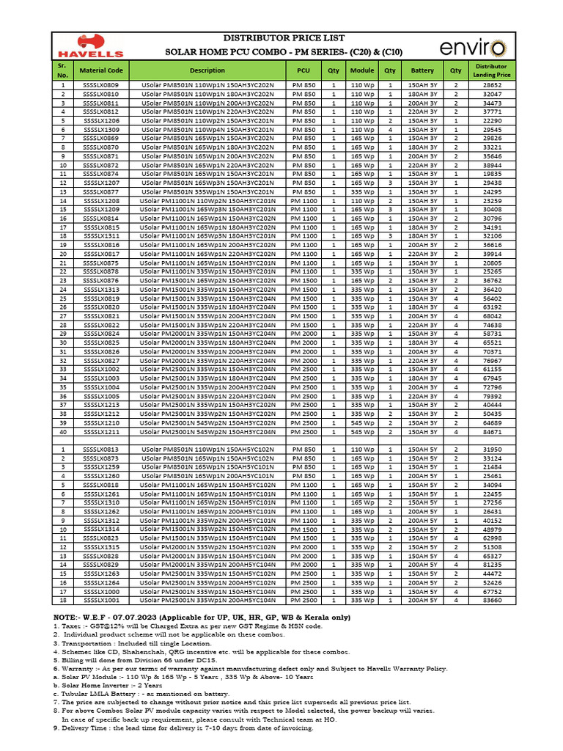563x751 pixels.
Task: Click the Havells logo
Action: point(90,47)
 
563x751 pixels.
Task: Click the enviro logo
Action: point(472,48)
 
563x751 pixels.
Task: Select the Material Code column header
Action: point(101,70)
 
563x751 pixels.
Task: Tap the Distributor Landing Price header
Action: point(492,70)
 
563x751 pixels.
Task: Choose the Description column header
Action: point(207,70)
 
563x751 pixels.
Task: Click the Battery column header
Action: point(422,70)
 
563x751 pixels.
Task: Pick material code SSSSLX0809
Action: point(101,86)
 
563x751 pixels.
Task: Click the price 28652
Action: point(492,86)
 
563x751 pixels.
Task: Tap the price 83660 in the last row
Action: point(492,599)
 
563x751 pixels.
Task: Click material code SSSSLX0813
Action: point(101,450)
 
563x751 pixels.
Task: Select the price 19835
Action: point(492,174)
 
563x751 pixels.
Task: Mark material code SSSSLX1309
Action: point(101,130)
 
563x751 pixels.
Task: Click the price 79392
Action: point(492,395)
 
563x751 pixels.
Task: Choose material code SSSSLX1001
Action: point(101,599)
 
